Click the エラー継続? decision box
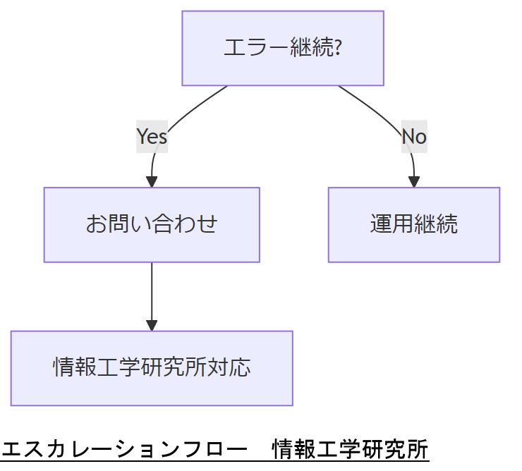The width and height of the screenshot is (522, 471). coord(282,48)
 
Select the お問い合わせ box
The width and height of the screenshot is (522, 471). coord(152,224)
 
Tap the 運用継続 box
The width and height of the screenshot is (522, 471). coord(414,224)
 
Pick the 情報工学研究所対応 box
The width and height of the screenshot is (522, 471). coord(152,368)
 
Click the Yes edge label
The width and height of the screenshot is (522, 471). coord(152,136)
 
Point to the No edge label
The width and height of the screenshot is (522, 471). coord(414,136)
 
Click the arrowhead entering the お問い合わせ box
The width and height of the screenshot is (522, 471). coord(152,181)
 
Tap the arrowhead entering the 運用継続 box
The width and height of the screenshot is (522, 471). coord(414,181)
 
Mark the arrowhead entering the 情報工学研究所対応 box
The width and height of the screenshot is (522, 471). coord(152,325)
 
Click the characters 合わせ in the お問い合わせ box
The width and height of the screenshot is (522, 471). coord(185,224)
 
